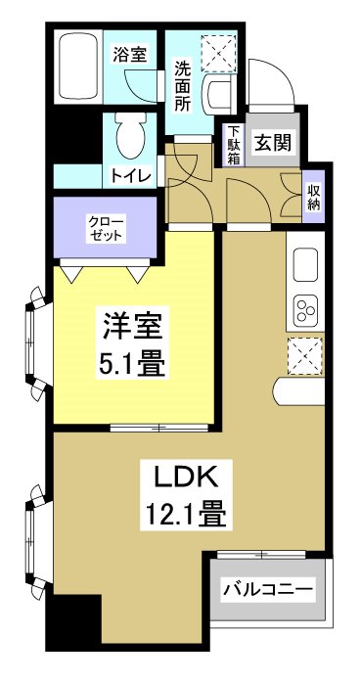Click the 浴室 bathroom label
[x=129, y=54]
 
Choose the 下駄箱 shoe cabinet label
[x=234, y=146]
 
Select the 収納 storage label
[x=314, y=198]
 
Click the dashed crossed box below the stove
[x=304, y=355]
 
